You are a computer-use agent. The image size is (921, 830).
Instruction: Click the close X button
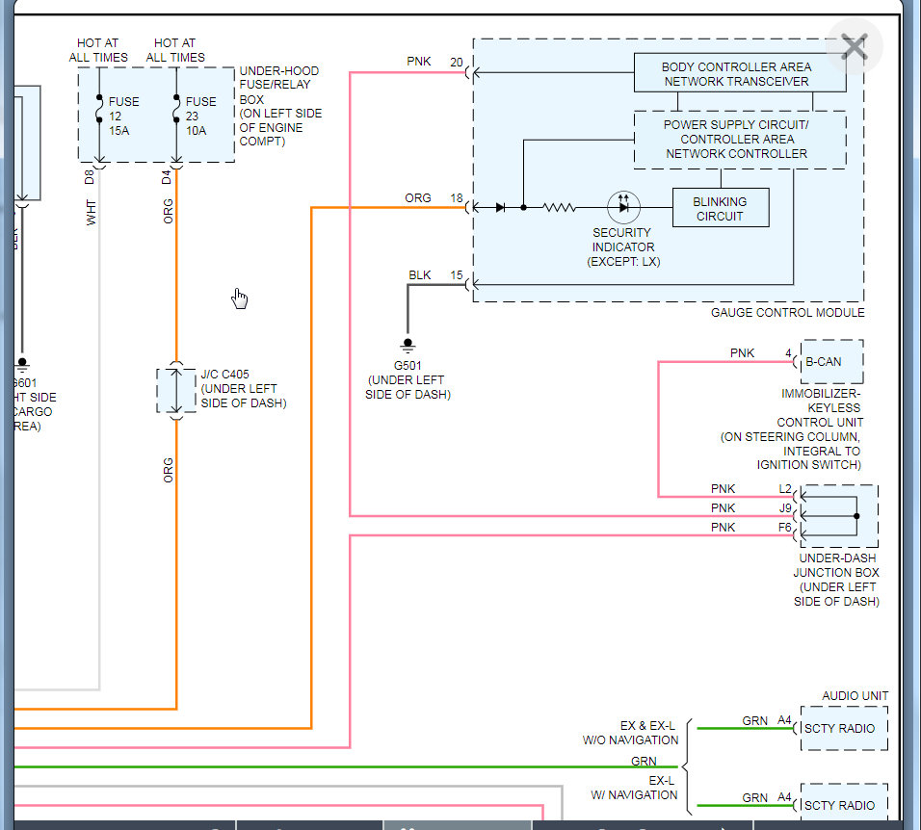854,47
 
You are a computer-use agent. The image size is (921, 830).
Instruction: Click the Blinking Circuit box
720,208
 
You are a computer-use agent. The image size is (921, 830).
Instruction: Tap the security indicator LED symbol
622,206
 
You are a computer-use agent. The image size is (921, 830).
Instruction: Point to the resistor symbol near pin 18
559,207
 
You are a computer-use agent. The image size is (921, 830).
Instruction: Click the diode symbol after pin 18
500,207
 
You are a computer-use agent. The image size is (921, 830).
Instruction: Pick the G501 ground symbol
408,346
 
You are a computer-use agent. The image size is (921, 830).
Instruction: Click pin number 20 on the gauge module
457,62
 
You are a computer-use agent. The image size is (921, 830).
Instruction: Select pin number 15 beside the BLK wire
457,274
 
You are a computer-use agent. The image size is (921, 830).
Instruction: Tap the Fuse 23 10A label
200,116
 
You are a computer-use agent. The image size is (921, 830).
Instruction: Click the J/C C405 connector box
175,390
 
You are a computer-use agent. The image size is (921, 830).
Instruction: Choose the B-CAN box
830,362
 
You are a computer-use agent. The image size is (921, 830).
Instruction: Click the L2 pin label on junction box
784,488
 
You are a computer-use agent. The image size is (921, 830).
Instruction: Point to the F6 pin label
784,527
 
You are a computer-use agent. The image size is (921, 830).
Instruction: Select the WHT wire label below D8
92,214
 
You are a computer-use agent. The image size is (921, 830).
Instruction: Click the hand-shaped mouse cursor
240,299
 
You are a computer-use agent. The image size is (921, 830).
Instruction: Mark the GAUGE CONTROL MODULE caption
787,312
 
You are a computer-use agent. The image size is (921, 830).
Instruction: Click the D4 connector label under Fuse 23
167,176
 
